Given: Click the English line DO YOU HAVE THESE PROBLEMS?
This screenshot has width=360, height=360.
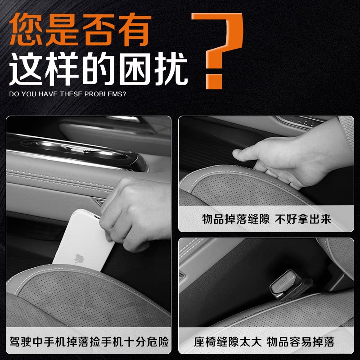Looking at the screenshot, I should point(67,94).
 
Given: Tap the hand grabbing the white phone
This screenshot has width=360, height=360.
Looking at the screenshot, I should point(135,211).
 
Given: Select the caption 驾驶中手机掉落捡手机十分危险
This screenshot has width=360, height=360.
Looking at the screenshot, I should point(89,342).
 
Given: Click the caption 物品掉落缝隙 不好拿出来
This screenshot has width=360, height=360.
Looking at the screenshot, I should point(266,219).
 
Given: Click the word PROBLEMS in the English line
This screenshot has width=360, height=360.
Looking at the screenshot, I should point(107,94).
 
